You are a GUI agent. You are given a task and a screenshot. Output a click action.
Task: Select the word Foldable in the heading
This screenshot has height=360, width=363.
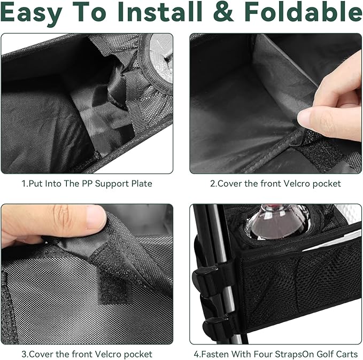[303, 12]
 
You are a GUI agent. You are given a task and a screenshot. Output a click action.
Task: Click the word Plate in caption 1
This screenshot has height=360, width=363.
[142, 183]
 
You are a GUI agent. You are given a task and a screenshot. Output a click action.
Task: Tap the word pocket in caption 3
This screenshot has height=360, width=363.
[138, 354]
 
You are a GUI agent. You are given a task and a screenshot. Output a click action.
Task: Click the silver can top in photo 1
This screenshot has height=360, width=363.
[161, 58]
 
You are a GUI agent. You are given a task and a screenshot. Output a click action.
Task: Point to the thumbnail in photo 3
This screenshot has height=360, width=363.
[96, 215]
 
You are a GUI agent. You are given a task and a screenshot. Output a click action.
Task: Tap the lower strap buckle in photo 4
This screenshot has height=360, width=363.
[214, 325]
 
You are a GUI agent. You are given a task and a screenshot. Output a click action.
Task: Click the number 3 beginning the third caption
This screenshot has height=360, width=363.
[24, 354]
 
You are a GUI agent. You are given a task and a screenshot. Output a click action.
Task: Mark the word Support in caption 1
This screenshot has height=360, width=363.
[112, 184]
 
